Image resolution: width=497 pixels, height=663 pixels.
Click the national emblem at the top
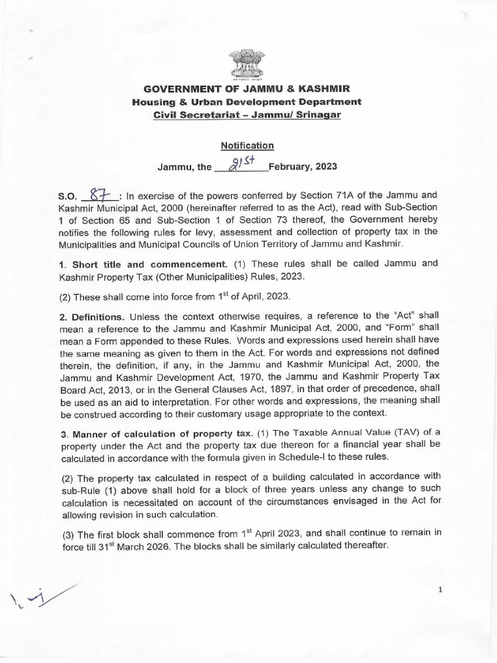[x=247, y=63]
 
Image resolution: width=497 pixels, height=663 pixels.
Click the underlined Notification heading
[x=247, y=146]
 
